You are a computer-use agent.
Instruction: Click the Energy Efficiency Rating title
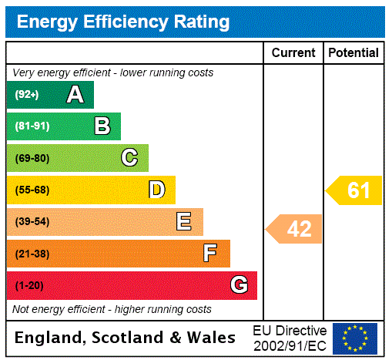click(x=123, y=22)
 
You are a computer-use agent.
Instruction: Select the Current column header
click(x=293, y=53)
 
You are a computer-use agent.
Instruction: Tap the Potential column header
click(x=353, y=53)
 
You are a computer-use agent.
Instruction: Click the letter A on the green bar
click(x=75, y=95)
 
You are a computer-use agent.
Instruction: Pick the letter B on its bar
click(x=102, y=126)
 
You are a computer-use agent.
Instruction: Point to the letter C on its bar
click(x=129, y=158)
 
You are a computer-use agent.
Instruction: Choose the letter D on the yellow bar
click(x=156, y=190)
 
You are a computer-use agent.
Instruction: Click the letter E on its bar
click(x=184, y=222)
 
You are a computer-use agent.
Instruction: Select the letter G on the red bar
click(x=239, y=285)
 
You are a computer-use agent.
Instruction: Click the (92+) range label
click(x=27, y=95)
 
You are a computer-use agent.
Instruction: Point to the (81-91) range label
click(x=32, y=126)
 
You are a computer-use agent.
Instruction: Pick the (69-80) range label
click(x=32, y=158)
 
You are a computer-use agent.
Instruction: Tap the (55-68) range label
click(x=32, y=190)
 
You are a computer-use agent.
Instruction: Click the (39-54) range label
click(x=32, y=222)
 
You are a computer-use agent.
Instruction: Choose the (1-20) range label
click(x=29, y=285)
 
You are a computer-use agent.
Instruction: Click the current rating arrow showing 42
click(x=295, y=229)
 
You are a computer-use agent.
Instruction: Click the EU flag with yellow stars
click(x=355, y=338)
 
